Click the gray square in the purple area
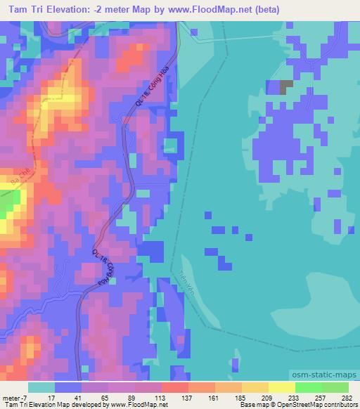point(286,87)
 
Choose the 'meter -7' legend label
point(13,397)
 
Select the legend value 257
point(318,397)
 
